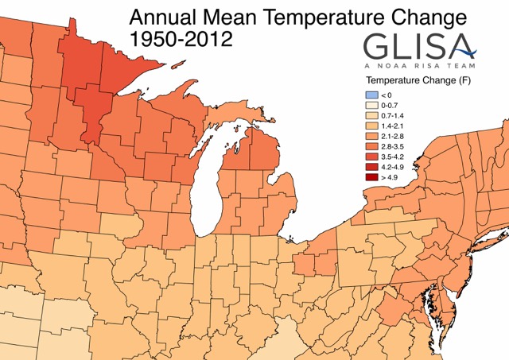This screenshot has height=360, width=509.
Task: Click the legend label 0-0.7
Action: click(x=391, y=104)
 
